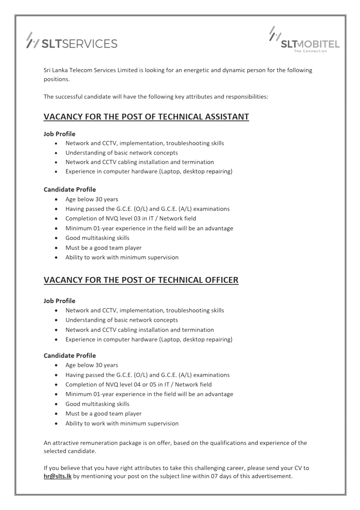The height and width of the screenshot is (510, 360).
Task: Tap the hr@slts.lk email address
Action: point(57,476)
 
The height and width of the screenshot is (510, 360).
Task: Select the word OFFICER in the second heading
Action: point(220,280)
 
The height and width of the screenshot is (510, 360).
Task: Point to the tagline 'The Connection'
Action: point(310,51)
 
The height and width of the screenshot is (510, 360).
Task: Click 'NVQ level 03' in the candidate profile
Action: point(118,219)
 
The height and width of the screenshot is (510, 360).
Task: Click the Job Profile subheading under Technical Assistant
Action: point(59,134)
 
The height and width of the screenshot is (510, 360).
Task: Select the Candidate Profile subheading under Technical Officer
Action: point(70,355)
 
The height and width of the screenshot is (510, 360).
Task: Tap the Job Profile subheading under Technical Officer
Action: point(59,301)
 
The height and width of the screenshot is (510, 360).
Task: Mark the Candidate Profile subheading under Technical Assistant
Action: point(70,190)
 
